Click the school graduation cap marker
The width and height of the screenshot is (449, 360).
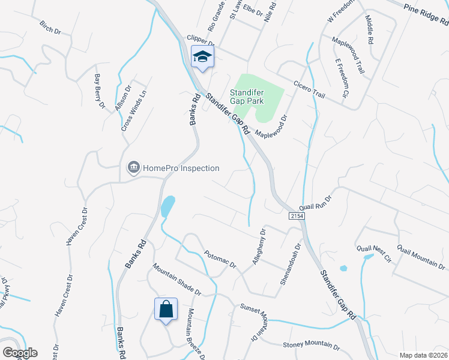203,57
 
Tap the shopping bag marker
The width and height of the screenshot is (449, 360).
166,310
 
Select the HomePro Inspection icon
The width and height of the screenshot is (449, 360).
134,168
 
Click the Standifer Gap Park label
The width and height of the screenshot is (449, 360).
247,97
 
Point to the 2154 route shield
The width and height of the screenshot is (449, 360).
296,215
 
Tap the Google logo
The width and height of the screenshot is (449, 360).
20,353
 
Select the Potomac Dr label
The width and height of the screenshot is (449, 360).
220,259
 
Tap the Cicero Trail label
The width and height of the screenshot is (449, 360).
309,88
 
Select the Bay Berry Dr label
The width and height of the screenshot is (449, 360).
100,91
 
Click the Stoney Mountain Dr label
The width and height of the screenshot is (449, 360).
311,346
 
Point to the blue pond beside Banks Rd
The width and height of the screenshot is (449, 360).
167,206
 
